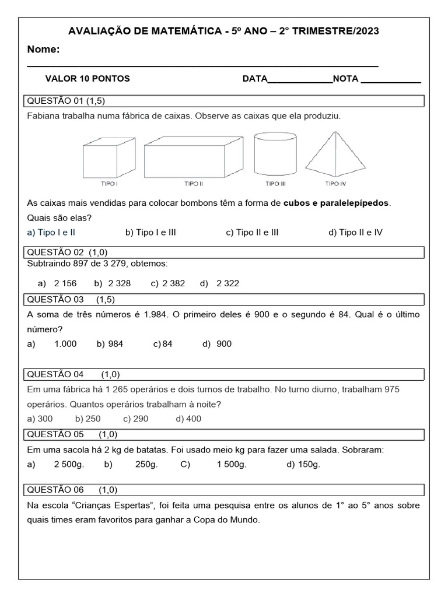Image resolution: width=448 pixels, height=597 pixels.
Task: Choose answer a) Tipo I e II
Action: (51, 232)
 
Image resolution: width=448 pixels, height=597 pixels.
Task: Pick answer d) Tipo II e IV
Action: (355, 232)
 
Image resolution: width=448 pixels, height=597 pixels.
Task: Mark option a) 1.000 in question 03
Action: (52, 343)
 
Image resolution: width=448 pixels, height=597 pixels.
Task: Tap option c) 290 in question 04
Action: (135, 419)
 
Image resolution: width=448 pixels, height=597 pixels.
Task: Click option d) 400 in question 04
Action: (188, 419)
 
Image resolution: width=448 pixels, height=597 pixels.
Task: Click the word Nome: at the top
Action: (44, 50)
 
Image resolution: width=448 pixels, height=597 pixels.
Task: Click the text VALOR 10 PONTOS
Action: (87, 79)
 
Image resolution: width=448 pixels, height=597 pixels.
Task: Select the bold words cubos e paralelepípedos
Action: (335, 203)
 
